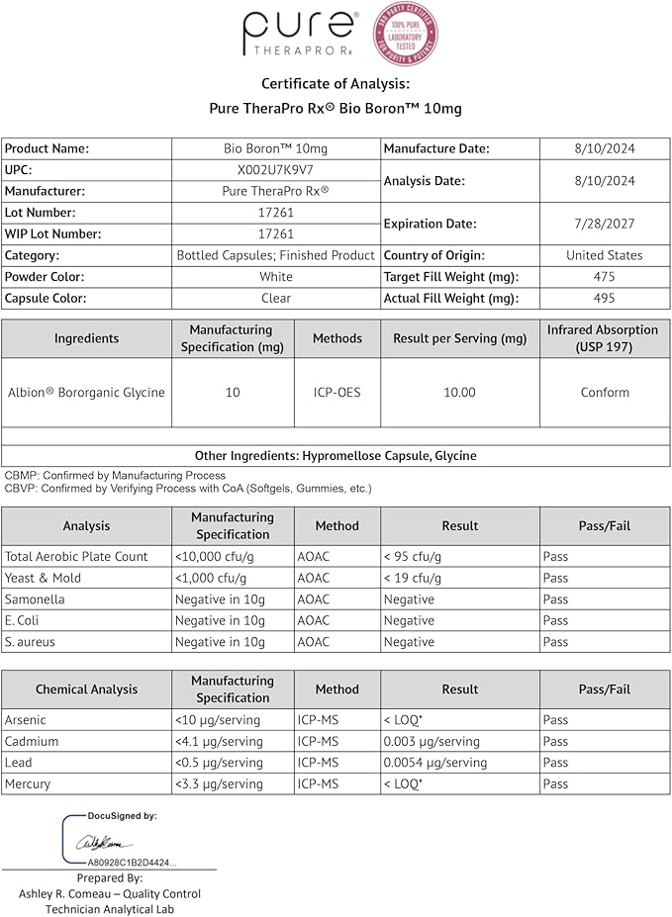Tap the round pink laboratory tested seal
tap(405, 34)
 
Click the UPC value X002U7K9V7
tap(275, 170)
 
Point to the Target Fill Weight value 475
tap(604, 277)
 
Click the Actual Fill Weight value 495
tap(604, 298)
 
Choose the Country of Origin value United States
tap(604, 255)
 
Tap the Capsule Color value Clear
tap(275, 298)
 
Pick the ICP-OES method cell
tap(336, 393)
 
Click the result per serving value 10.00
tap(459, 393)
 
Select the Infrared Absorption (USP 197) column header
tap(605, 338)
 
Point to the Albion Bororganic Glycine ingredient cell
tap(85, 393)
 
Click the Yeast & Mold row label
tap(44, 578)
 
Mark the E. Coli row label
tap(23, 620)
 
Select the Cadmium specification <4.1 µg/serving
tap(219, 741)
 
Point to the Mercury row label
tap(28, 783)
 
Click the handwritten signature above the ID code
tap(103, 843)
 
